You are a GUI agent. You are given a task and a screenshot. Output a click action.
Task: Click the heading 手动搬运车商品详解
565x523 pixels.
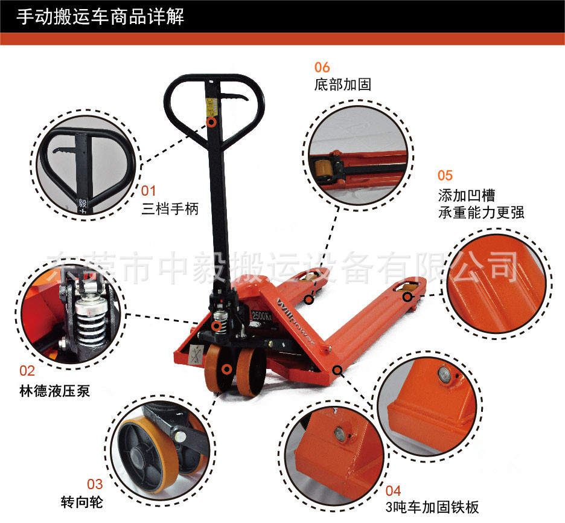click(x=100, y=16)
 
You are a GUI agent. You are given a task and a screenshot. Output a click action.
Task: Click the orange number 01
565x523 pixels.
click(x=148, y=191)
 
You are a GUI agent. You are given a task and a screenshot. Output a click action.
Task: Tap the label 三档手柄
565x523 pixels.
click(x=170, y=209)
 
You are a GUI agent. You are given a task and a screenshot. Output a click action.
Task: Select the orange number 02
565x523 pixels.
click(x=27, y=371)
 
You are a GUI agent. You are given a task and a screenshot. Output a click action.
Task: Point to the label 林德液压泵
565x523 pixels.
click(x=55, y=391)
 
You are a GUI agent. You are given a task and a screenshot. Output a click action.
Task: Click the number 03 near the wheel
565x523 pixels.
click(x=95, y=484)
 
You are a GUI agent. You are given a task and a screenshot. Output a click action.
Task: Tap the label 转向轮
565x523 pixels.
click(x=82, y=502)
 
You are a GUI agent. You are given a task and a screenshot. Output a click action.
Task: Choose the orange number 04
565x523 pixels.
click(x=393, y=491)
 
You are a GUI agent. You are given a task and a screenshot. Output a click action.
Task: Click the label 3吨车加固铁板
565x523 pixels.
click(x=432, y=507)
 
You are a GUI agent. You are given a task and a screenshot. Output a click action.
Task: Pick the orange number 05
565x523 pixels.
click(x=445, y=176)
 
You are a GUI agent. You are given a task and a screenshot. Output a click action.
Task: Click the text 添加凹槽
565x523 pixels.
click(x=467, y=195)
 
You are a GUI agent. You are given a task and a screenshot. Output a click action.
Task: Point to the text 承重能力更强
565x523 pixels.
click(x=481, y=213)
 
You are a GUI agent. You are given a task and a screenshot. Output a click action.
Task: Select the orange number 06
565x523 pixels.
click(x=322, y=68)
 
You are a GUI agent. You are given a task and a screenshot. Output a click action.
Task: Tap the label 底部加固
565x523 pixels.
click(x=343, y=85)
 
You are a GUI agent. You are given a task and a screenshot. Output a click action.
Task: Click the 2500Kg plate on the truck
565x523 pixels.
click(x=261, y=316)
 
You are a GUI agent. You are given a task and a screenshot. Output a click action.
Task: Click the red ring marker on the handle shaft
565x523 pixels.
click(x=212, y=122)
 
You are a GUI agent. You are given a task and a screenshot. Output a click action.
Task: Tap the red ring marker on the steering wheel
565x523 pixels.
click(x=226, y=369)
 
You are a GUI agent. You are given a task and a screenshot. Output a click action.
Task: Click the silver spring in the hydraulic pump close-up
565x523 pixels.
click(x=91, y=322)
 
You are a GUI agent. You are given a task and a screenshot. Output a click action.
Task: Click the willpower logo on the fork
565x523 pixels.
click(x=295, y=320)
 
